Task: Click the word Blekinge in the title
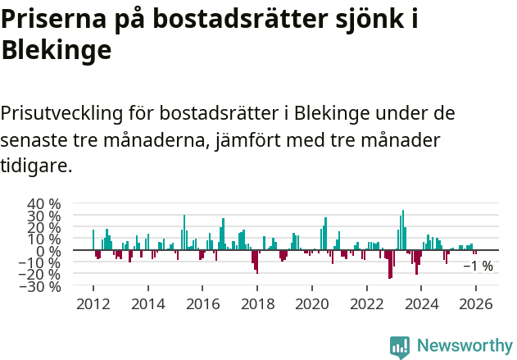(57, 51)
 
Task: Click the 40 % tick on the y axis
(43, 204)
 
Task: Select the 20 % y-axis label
(43, 228)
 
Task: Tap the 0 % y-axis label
(49, 251)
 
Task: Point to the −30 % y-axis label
(39, 287)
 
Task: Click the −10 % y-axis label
(39, 263)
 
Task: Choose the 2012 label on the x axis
(93, 304)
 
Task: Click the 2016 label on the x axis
(202, 304)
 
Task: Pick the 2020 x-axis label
(312, 304)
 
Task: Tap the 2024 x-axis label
(422, 304)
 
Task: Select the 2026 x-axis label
(476, 304)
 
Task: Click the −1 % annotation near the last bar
(478, 266)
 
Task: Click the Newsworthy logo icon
(399, 346)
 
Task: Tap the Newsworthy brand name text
(464, 346)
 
